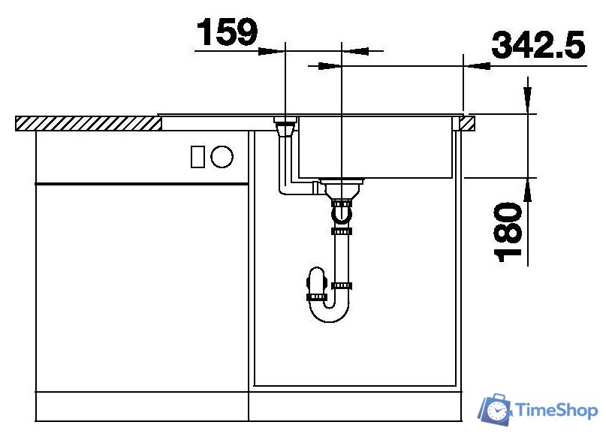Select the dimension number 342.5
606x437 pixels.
click(x=538, y=46)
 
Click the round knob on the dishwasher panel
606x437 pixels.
click(x=222, y=157)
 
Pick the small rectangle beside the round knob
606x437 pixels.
click(x=198, y=157)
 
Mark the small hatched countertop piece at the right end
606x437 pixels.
click(x=468, y=123)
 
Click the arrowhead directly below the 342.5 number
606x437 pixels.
click(x=478, y=66)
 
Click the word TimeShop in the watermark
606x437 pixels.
click(x=556, y=410)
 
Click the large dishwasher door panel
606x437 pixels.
click(x=142, y=285)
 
